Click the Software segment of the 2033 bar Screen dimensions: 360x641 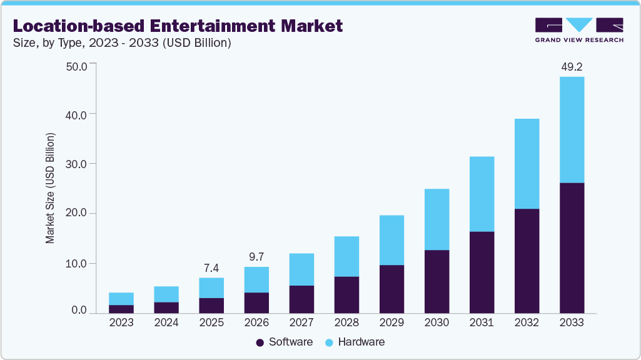572,247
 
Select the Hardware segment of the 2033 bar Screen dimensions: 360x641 572,130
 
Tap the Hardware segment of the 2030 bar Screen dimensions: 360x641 437,219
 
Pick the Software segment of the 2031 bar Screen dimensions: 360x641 482,272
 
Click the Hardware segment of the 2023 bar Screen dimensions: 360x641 121,299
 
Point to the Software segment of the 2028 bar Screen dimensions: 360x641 346,294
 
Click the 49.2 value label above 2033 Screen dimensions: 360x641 572,66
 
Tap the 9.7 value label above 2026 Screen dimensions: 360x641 256,256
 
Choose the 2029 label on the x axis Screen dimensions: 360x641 391,322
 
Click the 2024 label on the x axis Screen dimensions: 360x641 166,322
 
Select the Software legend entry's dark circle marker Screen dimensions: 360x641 260,342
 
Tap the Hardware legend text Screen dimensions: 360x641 361,342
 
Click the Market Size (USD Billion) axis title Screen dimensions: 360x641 50,188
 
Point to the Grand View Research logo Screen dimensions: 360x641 578,29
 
